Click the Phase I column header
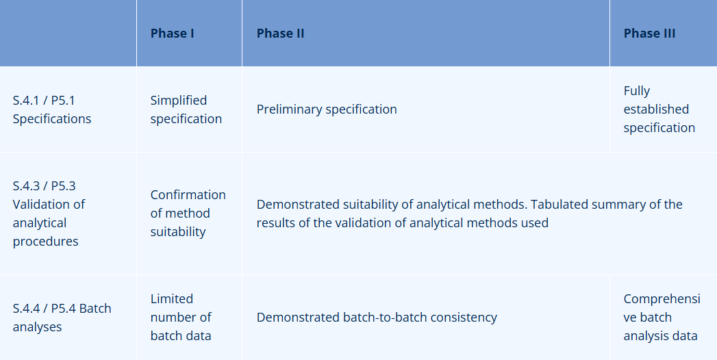tap(173, 34)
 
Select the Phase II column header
tap(280, 34)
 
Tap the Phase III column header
tap(649, 34)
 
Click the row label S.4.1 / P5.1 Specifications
tap(51, 110)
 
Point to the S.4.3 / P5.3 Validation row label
tap(49, 214)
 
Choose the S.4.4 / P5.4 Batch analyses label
tap(62, 318)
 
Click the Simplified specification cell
tap(186, 110)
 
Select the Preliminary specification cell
tap(327, 110)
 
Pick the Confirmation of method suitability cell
tap(188, 214)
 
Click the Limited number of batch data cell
tap(181, 318)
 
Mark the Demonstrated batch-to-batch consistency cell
tap(377, 318)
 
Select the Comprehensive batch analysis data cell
tap(662, 318)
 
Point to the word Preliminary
tap(289, 110)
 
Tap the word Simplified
tap(178, 101)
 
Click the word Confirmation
tap(188, 195)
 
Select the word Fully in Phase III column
tap(637, 91)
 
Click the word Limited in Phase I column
tap(171, 299)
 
